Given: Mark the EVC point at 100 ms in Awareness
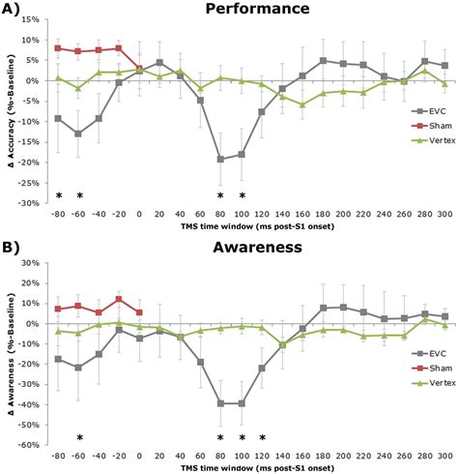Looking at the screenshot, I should click(241, 403).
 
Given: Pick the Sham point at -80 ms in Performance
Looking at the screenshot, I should click(58, 47).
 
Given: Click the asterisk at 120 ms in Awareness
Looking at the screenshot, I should click(261, 437).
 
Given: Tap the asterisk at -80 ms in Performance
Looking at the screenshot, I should click(58, 195).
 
